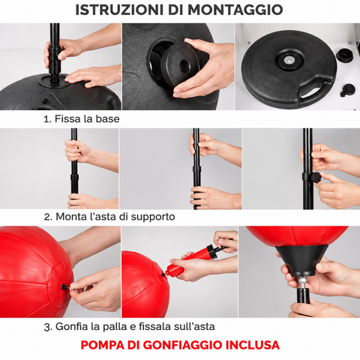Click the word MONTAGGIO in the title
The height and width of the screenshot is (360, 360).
235,10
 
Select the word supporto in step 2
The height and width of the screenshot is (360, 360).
153,217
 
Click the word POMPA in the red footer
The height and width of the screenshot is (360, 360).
103,345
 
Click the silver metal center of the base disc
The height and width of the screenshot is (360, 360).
289,60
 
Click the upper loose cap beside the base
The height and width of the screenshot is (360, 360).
344,55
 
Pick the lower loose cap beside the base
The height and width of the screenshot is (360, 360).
347,90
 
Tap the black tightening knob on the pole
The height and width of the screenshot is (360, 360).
316,178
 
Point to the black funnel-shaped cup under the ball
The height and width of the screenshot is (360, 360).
301,260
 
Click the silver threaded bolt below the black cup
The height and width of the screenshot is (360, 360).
302,283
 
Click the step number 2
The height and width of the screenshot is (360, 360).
47,217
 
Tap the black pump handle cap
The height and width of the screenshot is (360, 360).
211,250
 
